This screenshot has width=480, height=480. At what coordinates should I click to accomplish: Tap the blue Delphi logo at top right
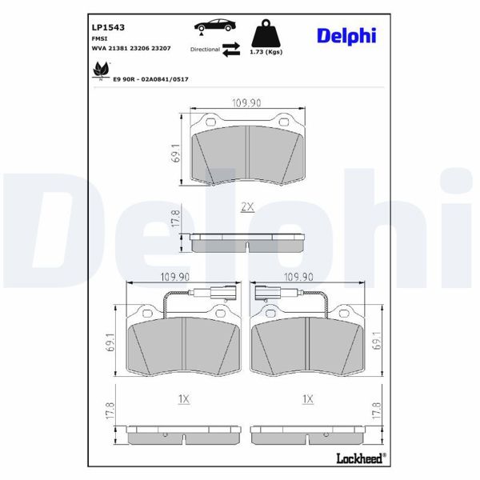[348, 35]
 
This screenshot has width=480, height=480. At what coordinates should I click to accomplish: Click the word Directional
[205, 50]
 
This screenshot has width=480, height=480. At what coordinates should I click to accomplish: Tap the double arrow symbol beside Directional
[230, 50]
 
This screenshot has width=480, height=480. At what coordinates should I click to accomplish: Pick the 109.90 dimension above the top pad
[247, 103]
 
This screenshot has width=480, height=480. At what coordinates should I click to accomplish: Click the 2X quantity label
[247, 206]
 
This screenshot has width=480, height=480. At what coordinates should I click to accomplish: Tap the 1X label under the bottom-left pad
[183, 397]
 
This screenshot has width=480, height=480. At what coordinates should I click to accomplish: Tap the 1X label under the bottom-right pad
[307, 397]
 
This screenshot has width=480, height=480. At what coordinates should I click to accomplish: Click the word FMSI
[100, 38]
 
